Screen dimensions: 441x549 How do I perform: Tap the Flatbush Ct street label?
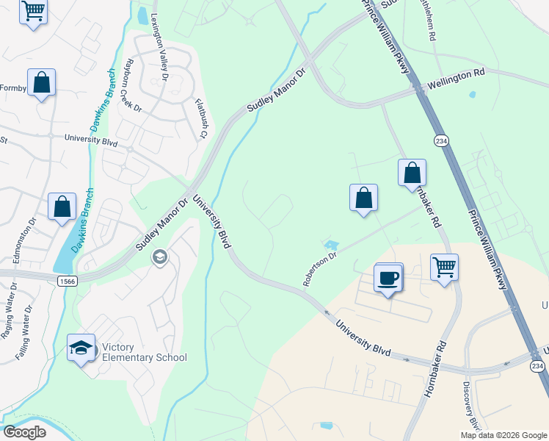[200, 119]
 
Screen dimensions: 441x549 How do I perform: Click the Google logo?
[24, 432]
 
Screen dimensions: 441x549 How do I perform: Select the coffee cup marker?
[389, 278]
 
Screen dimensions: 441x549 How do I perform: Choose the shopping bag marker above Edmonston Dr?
[62, 207]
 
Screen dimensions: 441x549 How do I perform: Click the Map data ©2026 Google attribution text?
[503, 435]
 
